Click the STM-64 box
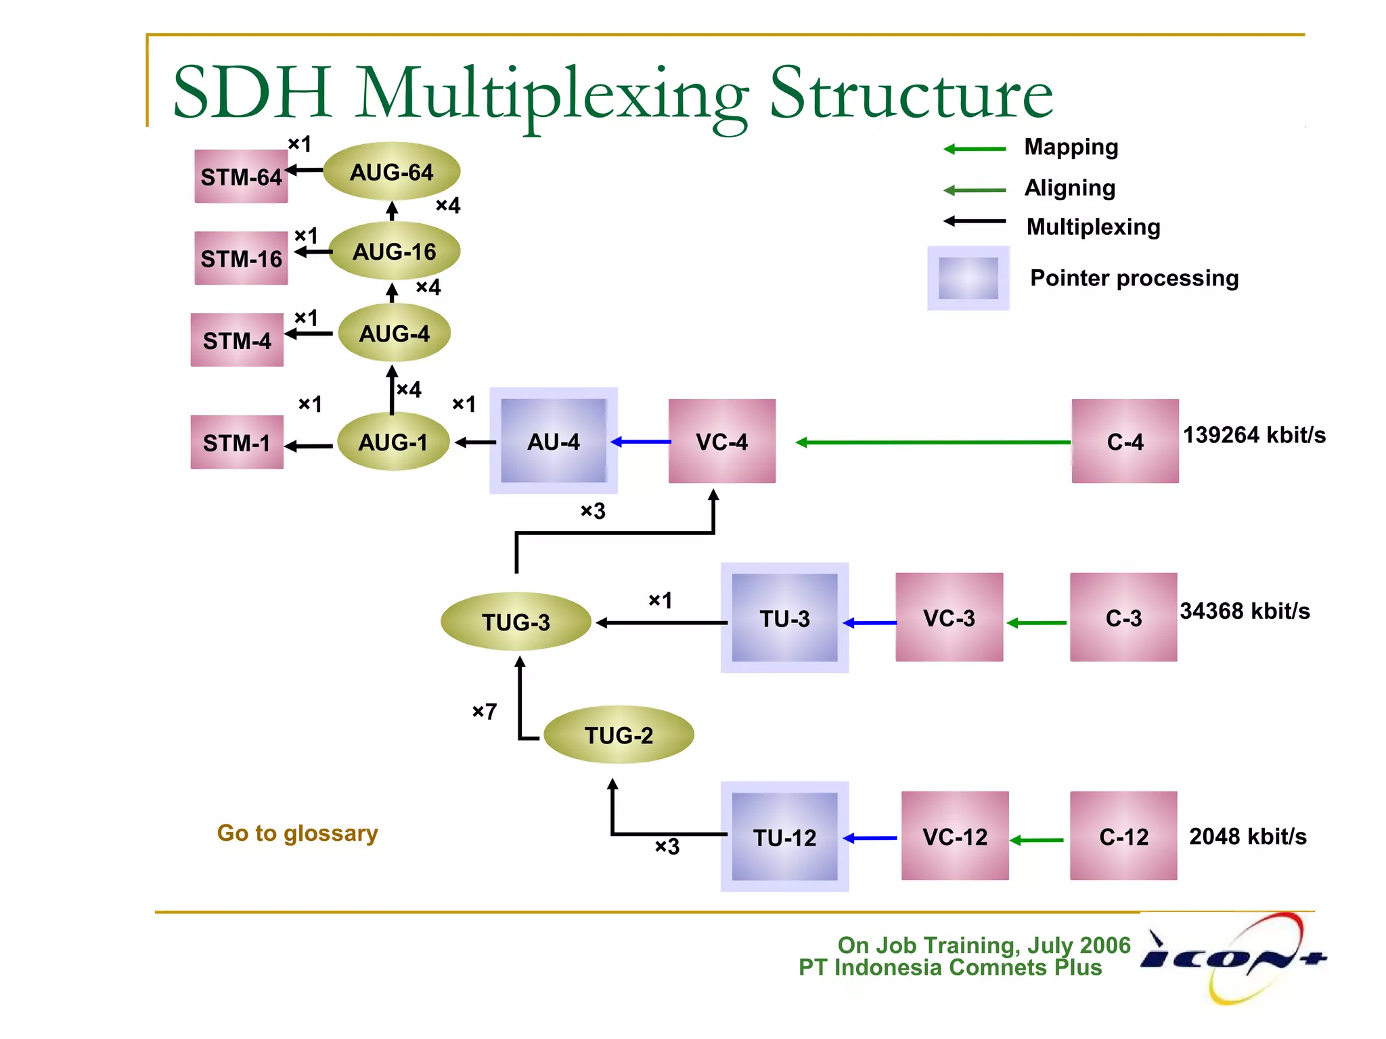pos(241,177)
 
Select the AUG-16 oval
pos(394,252)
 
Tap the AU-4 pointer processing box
pos(553,441)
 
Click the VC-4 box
pos(721,441)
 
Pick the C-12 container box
pos(1123,836)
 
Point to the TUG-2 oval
pos(619,735)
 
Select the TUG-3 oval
pos(516,622)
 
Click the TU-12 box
pos(784,837)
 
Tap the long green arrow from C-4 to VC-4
pos(934,442)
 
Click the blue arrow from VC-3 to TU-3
pos(870,622)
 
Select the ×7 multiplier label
pos(485,711)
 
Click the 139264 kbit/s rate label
pos(1254,435)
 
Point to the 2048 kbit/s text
pos(1247,837)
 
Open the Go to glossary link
pos(297,833)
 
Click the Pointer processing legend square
pos(968,278)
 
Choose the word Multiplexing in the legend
pos(1093,227)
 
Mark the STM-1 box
pos(237,442)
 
